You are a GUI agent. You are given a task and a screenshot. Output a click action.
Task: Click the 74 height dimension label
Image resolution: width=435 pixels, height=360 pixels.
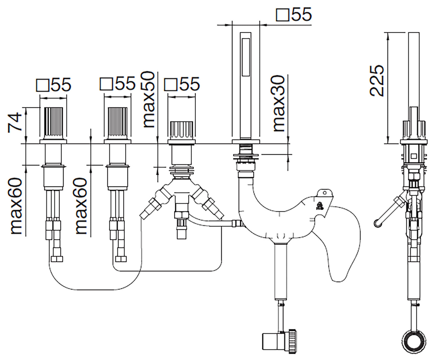pos(15,122)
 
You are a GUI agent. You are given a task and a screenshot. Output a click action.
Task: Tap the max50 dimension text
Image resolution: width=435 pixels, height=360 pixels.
pos(148,99)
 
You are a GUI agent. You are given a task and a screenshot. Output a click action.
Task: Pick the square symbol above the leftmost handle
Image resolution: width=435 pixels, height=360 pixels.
pos(42,85)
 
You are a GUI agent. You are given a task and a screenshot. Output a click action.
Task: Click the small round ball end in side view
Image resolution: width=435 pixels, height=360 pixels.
pos(377,223)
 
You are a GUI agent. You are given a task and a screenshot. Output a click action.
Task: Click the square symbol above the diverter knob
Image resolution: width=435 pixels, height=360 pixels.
pos(170,85)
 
